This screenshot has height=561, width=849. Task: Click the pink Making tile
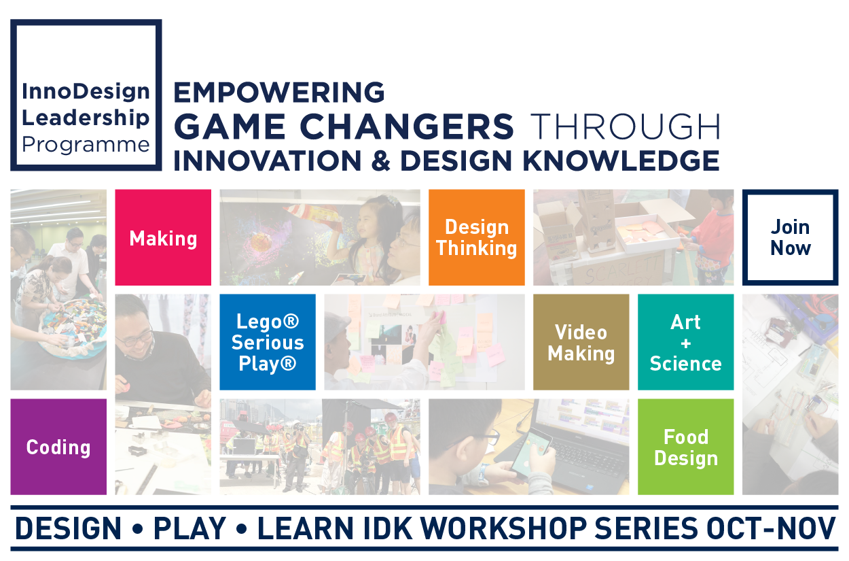163,237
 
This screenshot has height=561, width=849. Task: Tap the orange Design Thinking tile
476,237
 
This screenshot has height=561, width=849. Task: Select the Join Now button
791,237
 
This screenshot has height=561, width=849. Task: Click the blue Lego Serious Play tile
268,342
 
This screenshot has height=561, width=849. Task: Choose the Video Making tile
581,342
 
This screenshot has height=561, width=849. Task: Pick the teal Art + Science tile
685,342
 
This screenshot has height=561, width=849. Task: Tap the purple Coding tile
58,447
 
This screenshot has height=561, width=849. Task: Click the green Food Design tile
685,447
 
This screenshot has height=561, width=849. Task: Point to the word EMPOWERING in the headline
279,92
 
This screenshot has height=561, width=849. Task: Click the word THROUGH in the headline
625,126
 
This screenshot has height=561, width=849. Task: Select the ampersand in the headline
380,161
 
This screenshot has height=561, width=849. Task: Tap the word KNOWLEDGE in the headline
621,160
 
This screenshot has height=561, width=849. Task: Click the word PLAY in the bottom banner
189,528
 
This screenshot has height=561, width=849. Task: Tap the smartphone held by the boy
530,452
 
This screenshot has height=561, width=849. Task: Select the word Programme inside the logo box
86,145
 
